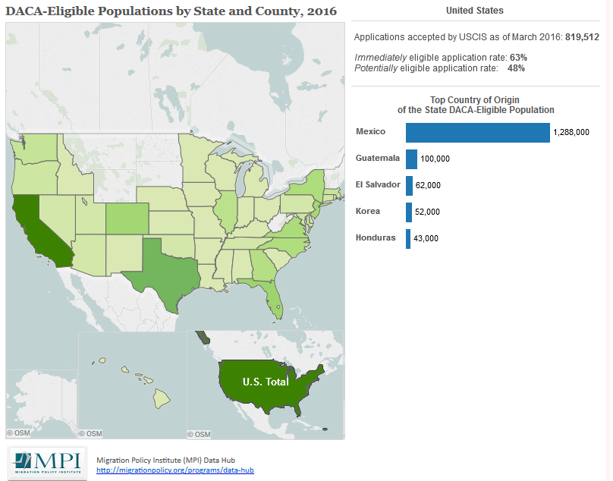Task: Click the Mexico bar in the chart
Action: [477, 132]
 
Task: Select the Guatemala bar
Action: [411, 159]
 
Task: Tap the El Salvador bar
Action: [409, 185]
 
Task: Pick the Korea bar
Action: [409, 212]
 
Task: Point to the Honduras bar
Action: [408, 238]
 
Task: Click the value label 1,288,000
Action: [571, 132]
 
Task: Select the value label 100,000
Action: [435, 159]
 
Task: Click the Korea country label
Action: [368, 211]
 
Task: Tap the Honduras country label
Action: [376, 237]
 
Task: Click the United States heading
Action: [474, 11]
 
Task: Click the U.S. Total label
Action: [266, 382]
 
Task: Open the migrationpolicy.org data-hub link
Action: [174, 470]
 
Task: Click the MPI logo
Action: [47, 462]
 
